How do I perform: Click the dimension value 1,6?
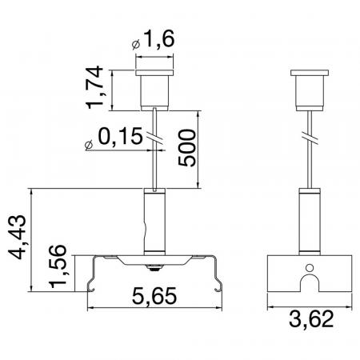point(160,39)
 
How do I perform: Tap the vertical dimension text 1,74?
point(94,87)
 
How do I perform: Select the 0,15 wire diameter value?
point(120,136)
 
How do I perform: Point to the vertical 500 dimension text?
point(187,148)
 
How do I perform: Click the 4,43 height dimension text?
point(18,237)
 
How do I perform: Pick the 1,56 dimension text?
point(58,266)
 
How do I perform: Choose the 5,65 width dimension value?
point(154,296)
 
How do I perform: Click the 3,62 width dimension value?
point(311,318)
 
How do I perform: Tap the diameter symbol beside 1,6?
point(136,45)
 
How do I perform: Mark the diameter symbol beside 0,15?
point(89,145)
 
